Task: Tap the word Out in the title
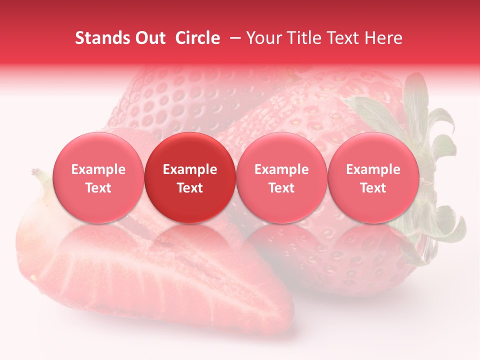(149, 38)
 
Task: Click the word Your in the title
(263, 38)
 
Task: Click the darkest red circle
(190, 177)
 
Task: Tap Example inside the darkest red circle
(190, 169)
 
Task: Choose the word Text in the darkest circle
(190, 188)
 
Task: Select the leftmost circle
(98, 177)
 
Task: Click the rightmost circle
(373, 177)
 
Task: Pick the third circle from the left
(281, 177)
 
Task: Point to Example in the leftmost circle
(98, 169)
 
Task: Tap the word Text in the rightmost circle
(373, 188)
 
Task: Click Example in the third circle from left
(281, 169)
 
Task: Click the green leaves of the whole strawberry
(430, 130)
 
